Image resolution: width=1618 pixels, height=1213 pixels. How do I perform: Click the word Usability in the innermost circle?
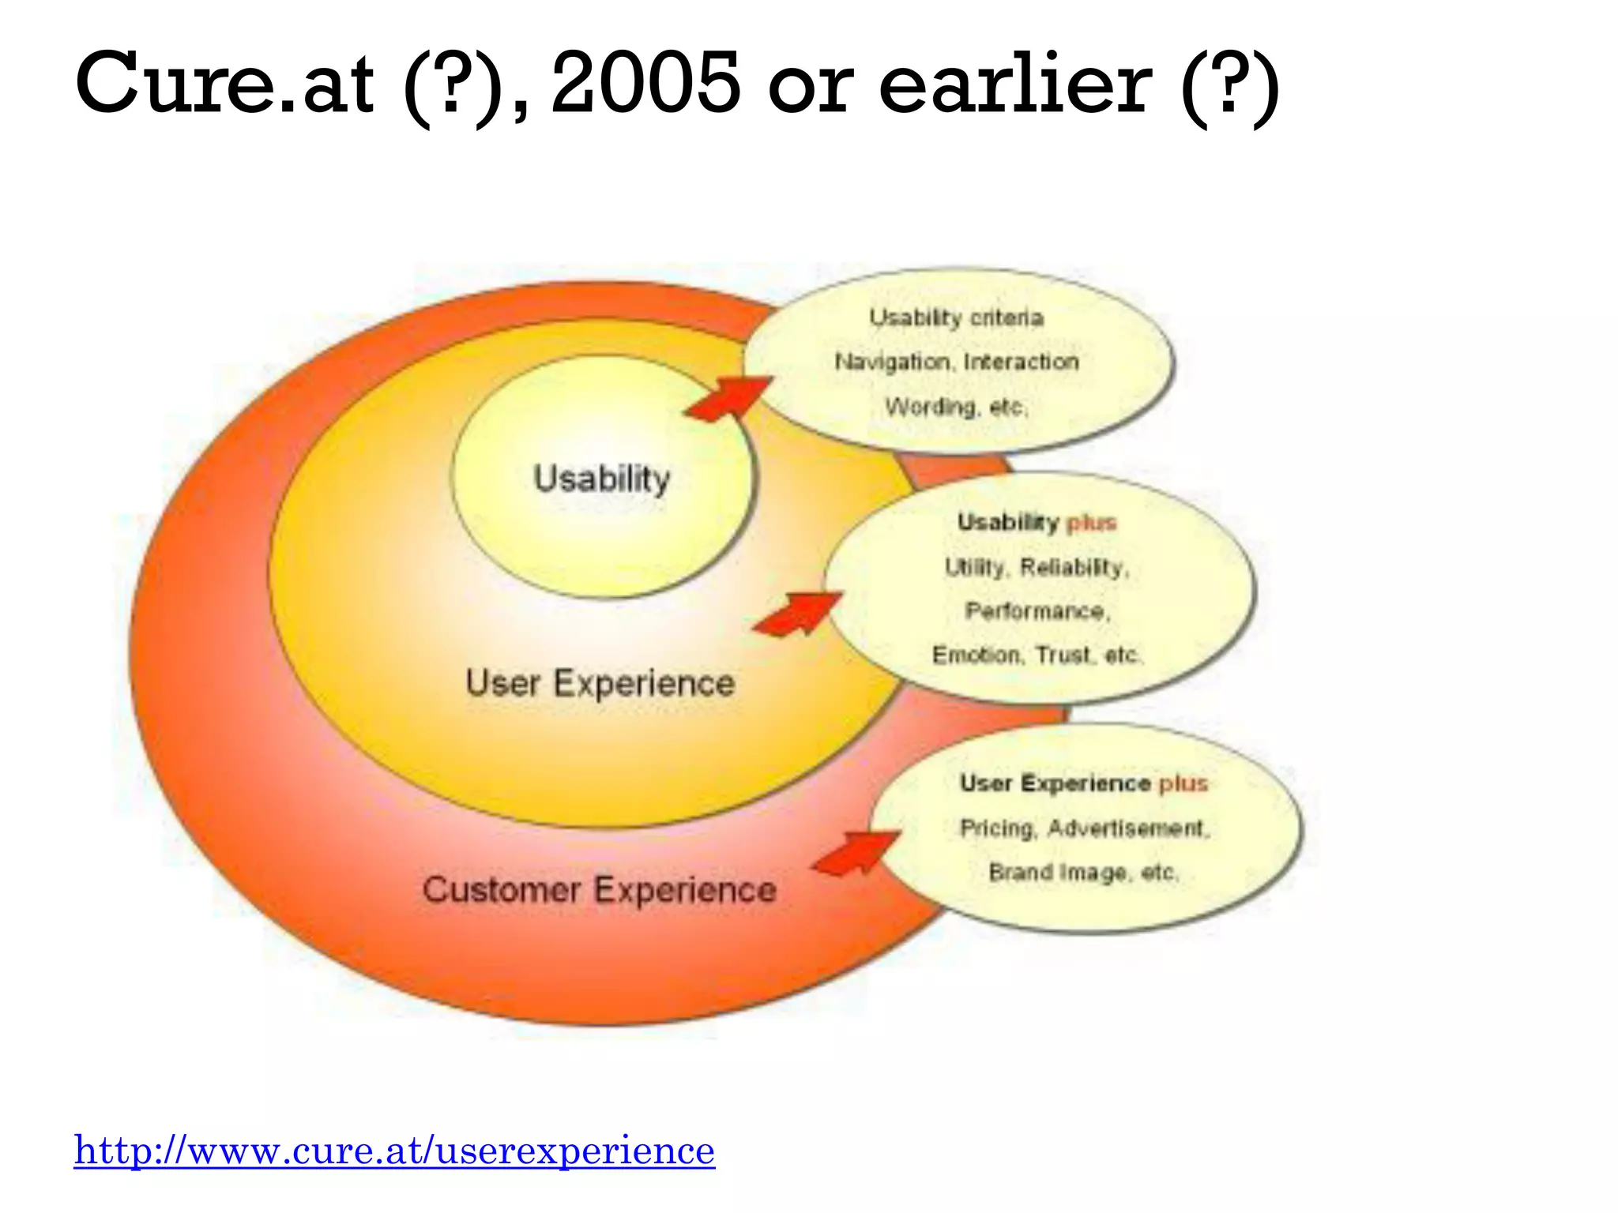pyautogui.click(x=601, y=479)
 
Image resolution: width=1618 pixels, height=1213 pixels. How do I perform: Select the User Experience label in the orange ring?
pyautogui.click(x=600, y=683)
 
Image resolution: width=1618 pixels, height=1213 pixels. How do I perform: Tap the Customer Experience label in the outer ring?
pyautogui.click(x=599, y=890)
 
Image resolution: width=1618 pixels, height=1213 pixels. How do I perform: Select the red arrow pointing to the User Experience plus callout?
pyautogui.click(x=857, y=852)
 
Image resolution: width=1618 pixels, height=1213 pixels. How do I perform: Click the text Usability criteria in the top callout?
pyautogui.click(x=956, y=317)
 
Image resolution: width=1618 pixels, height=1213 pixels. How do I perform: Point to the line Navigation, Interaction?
pyautogui.click(x=956, y=362)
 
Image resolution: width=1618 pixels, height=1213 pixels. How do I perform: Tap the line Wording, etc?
pyautogui.click(x=956, y=407)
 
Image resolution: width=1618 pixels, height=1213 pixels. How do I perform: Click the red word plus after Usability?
pyautogui.click(x=1091, y=523)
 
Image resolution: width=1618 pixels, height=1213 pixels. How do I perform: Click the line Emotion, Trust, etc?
pyautogui.click(x=1037, y=655)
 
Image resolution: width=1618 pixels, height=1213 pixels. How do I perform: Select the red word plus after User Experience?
pyautogui.click(x=1183, y=783)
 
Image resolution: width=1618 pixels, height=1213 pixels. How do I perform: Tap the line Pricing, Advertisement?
pyautogui.click(x=1084, y=828)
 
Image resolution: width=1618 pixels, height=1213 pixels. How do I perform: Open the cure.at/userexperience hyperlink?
pyautogui.click(x=394, y=1150)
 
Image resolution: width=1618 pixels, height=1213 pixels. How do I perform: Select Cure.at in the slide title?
pyautogui.click(x=224, y=82)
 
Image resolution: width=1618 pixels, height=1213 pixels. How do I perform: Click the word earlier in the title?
pyautogui.click(x=1014, y=82)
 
